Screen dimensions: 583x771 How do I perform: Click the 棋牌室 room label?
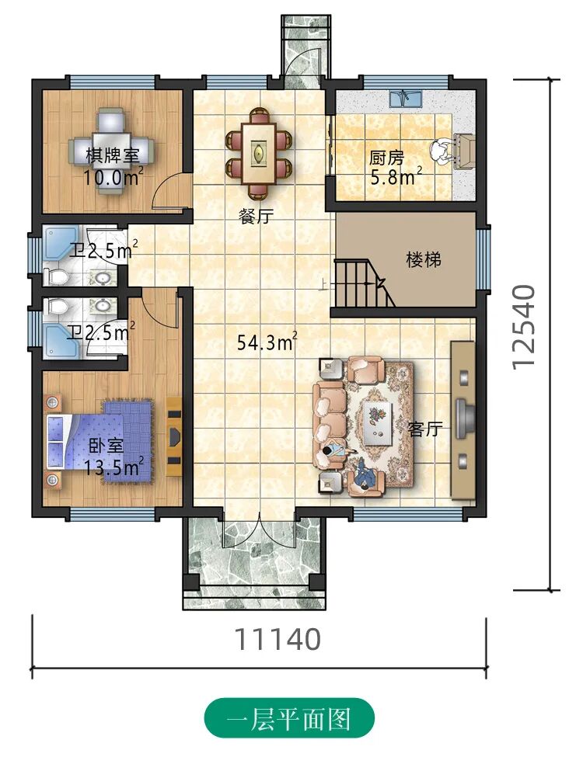(x=113, y=156)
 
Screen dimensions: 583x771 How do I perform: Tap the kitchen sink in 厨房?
(x=405, y=99)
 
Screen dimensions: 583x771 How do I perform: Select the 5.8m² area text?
(x=396, y=176)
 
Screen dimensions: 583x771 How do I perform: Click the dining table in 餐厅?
(x=258, y=152)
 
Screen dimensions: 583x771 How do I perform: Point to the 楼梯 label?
(x=424, y=259)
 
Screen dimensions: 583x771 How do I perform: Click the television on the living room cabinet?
(x=463, y=418)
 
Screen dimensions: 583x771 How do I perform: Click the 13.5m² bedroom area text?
(x=114, y=466)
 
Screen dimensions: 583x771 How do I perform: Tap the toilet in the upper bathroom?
(x=56, y=276)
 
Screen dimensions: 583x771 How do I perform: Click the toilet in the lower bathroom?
(x=56, y=307)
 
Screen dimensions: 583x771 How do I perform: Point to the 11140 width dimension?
(x=278, y=639)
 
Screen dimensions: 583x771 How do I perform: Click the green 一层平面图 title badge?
(x=289, y=718)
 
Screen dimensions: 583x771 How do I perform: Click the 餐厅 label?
(x=256, y=215)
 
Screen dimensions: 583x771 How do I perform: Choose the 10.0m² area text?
(x=113, y=176)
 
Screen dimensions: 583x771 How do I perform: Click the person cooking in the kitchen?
(x=442, y=151)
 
